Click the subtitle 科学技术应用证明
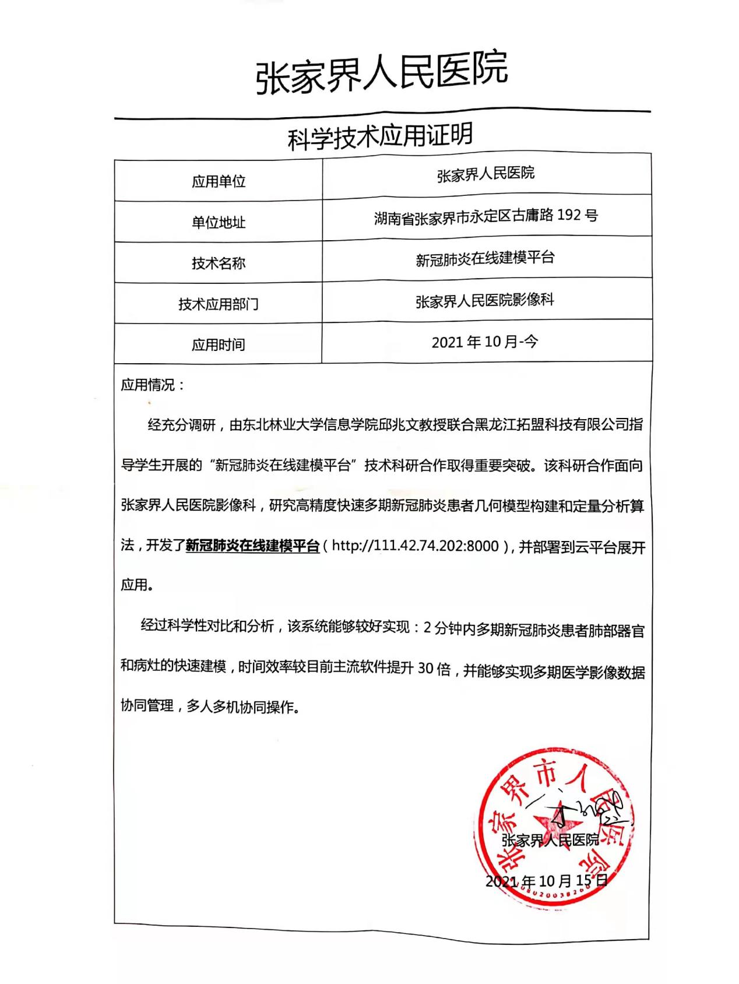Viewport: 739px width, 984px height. coord(381,138)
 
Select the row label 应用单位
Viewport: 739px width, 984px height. coord(219,181)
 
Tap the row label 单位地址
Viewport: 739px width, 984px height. coord(219,222)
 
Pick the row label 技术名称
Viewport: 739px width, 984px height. coord(219,263)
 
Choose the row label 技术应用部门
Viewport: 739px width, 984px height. coord(219,304)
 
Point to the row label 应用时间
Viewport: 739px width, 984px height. coord(219,345)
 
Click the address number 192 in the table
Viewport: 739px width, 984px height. coord(569,215)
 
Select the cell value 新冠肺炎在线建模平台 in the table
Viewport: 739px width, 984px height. coord(485,258)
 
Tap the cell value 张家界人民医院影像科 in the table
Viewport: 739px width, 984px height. coord(485,301)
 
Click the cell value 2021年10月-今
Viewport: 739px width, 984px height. coord(485,342)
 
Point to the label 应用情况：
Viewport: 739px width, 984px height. coord(153,385)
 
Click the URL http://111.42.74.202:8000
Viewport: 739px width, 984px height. coord(415,546)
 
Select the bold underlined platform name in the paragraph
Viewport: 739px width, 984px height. coord(252,546)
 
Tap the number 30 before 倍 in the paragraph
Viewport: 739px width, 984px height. coord(425,669)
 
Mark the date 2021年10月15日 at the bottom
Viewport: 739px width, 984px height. coord(547,880)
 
